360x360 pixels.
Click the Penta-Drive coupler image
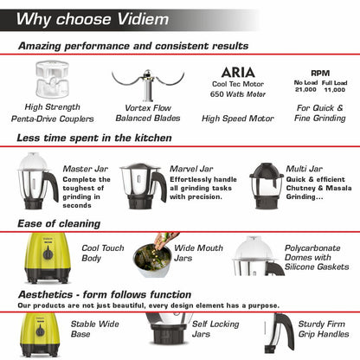(55, 80)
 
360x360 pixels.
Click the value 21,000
(306, 90)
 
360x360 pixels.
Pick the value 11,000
(334, 90)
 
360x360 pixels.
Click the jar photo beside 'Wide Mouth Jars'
(151, 260)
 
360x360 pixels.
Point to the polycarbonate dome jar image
(257, 259)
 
